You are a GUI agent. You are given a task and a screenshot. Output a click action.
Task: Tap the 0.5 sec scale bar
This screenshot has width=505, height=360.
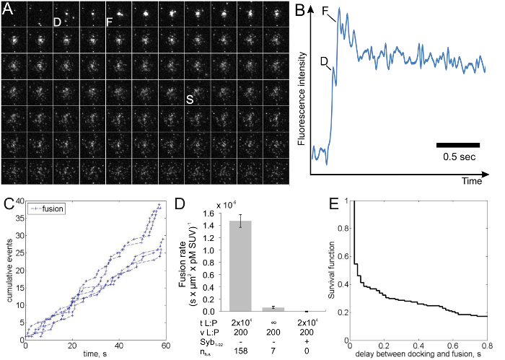pyautogui.click(x=457, y=145)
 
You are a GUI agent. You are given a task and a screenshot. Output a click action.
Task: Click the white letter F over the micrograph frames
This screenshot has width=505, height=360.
pyautogui.click(x=109, y=22)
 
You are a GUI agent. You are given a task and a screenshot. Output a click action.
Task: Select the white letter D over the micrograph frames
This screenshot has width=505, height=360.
pyautogui.click(x=57, y=22)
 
